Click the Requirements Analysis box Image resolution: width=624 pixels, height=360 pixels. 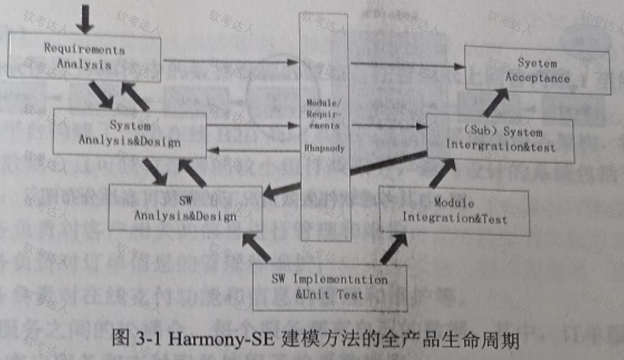85,56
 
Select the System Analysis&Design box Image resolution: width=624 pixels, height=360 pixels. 129,132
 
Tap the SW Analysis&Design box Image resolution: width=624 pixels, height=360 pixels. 185,208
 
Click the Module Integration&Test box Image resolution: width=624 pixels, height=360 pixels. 454,212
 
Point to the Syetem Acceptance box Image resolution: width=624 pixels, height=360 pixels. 537,71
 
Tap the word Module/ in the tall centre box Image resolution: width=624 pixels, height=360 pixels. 324,101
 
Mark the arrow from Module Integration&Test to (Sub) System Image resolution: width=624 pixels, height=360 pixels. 443,173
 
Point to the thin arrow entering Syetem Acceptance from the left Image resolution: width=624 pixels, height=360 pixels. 409,64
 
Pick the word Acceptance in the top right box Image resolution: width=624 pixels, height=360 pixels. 537,79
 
